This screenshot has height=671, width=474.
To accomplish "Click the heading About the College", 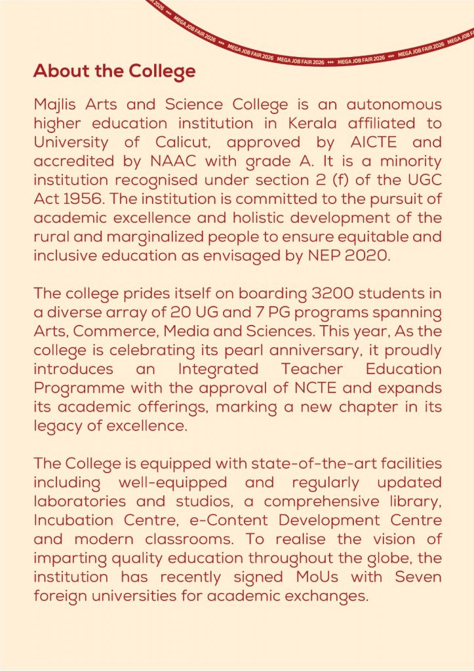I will (114, 71).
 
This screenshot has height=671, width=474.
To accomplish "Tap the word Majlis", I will (55, 105).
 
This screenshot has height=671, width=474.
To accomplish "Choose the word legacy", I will (54, 426).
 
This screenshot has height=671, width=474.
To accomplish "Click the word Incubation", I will (74, 520).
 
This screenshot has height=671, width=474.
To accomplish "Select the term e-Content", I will (212, 520).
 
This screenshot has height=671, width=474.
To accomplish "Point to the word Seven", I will (416, 577).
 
